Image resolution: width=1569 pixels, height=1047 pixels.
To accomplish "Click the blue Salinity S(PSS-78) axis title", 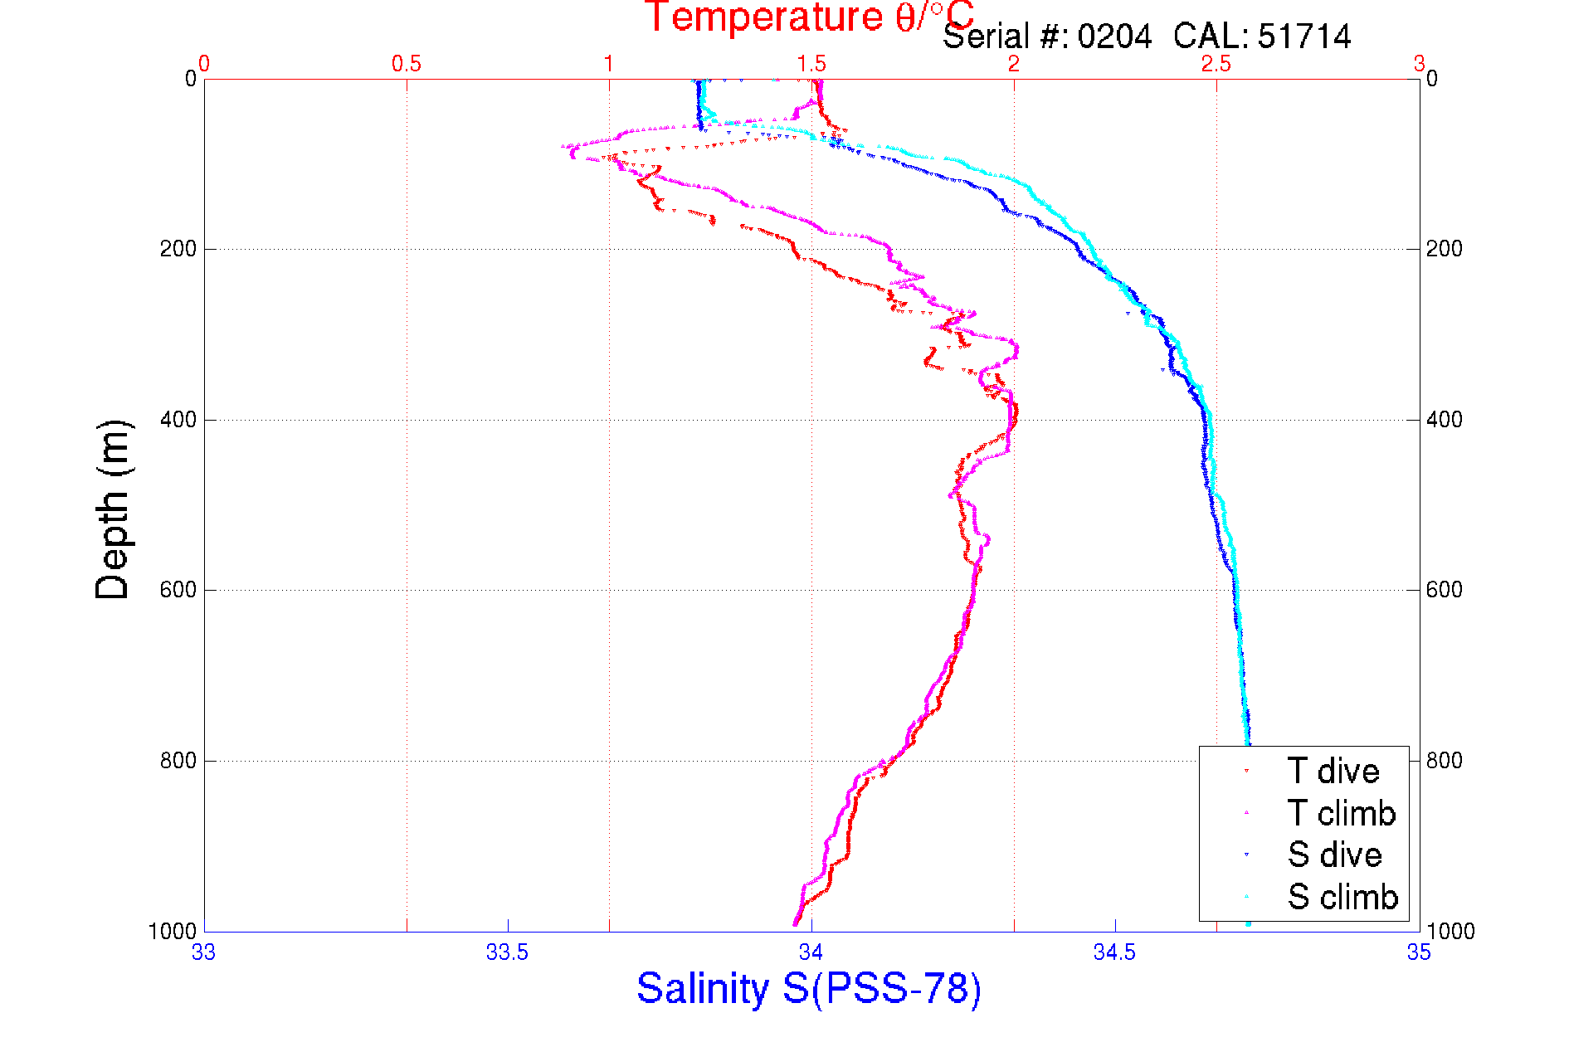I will coord(809,989).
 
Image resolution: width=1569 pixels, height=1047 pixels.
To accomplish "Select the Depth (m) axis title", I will coord(113,509).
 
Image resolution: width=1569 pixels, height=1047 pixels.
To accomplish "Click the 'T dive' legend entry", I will coord(1333,772).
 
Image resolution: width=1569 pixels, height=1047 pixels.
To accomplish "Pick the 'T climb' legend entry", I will coord(1341,813).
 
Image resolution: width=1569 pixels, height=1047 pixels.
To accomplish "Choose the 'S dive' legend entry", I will coord(1334,855).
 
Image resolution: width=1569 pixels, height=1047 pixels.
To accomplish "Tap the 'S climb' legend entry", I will coord(1342,897).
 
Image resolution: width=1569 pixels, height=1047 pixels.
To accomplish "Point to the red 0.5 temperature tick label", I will coord(407,64).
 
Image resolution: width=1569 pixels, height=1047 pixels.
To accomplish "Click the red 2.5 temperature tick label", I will coord(1216,64).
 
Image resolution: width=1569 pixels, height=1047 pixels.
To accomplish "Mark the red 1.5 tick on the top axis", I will coord(811,64).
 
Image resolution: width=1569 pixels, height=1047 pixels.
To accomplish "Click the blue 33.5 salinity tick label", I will coord(507,952).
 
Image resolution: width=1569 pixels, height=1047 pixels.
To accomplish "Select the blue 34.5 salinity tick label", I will coord(1114,952).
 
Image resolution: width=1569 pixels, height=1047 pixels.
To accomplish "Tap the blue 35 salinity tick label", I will coord(1419,952).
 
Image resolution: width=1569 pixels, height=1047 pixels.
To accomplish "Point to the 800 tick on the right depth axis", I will coord(1445,761).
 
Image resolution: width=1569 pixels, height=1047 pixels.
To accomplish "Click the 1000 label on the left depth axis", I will coord(173,932).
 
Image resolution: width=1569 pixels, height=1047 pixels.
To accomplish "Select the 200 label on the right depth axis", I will coord(1445,249).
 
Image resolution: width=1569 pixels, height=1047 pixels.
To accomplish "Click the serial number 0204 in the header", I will coord(1114,37).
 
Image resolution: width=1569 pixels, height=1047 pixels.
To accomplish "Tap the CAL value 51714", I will coord(1303,37).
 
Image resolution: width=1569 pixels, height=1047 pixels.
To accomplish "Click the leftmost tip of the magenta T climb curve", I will coord(563,147).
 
